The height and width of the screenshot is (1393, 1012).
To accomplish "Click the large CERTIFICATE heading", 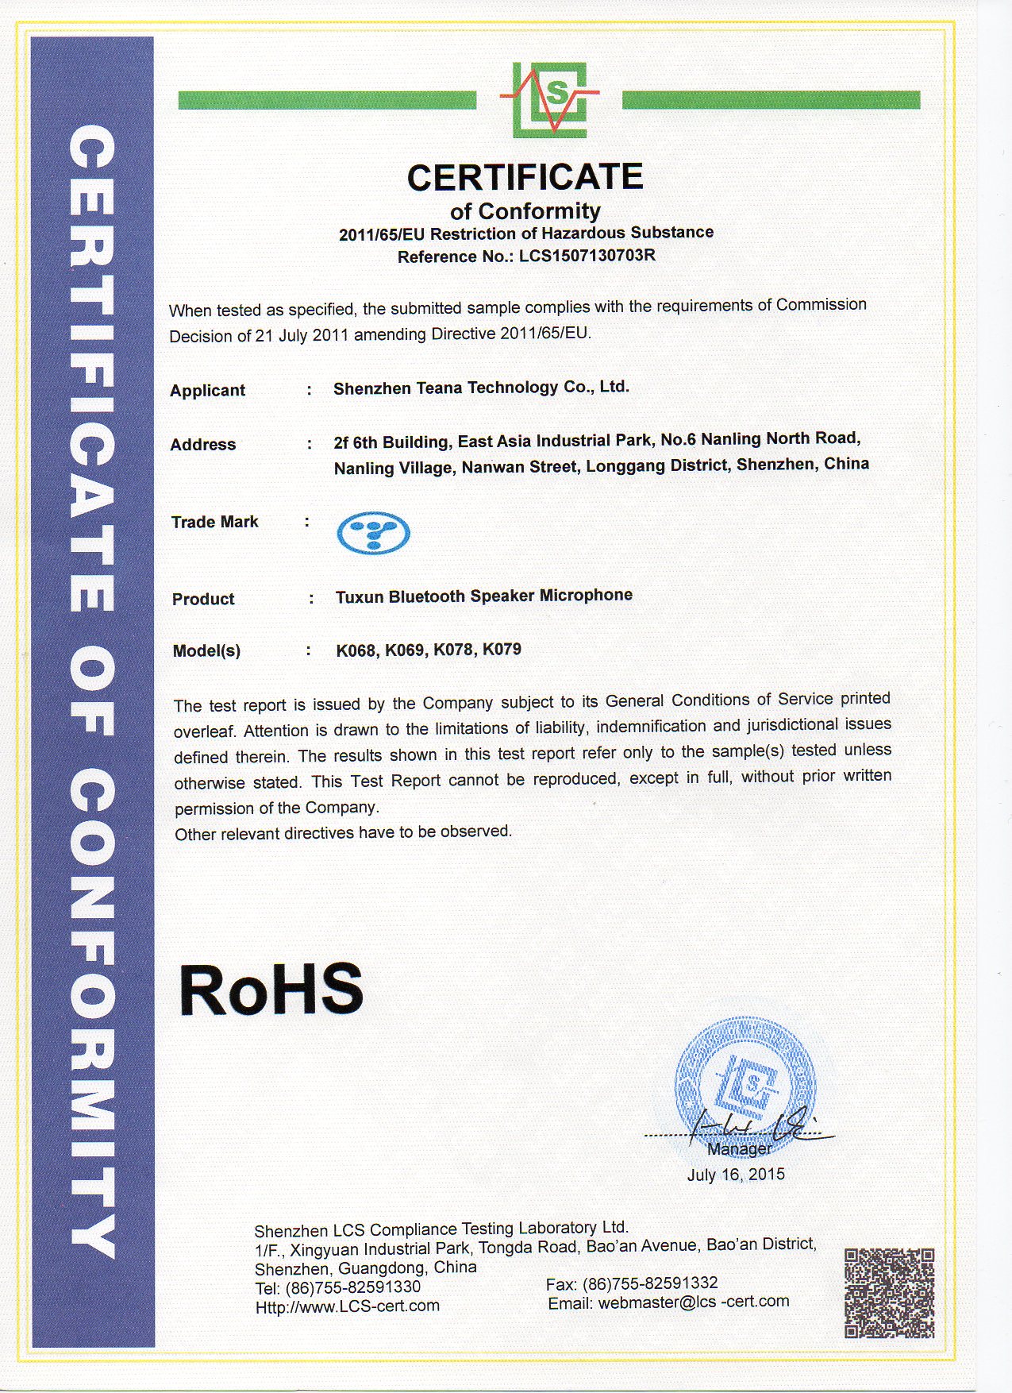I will pos(525,177).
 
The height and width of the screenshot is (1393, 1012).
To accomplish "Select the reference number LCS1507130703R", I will pos(587,256).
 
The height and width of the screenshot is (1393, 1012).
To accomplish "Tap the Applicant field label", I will pos(207,391).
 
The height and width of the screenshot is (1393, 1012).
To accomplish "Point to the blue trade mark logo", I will pos(373,532).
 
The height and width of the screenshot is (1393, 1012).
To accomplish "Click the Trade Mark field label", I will pos(214,522).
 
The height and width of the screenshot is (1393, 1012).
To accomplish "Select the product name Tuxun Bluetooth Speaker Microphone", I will pos(483,596).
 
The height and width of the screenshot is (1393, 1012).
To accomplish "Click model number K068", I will pos(356,650).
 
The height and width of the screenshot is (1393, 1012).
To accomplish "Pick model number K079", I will pos(502,649).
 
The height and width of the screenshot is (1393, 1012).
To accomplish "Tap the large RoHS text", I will pos(271,990).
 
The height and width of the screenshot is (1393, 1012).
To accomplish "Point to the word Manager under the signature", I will pos(739,1148).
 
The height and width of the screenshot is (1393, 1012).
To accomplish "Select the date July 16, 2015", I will pos(735,1175).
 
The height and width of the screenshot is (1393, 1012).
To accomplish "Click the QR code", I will pos(888,1293).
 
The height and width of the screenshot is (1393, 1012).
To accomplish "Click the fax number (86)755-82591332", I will pos(650,1283).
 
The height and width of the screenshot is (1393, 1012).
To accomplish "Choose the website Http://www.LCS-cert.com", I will pos(347,1306).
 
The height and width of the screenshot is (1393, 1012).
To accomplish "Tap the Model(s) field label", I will pos(206,651).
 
